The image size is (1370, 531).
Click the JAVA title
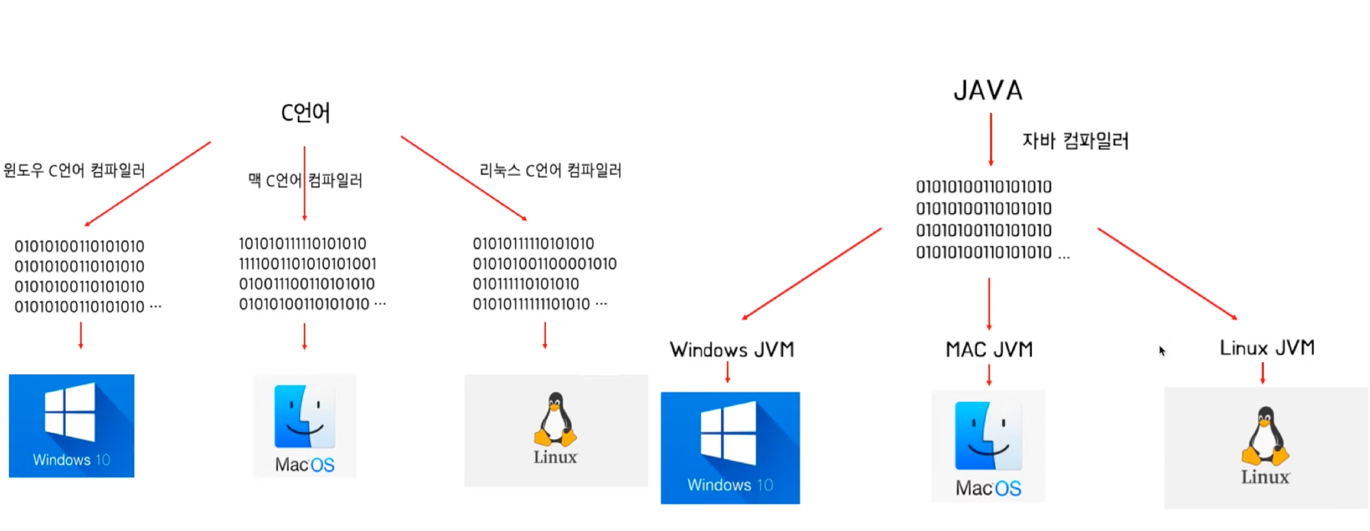pyautogui.click(x=988, y=90)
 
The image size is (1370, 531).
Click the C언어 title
pyautogui.click(x=305, y=113)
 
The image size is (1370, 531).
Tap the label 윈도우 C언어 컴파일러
pyautogui.click(x=74, y=170)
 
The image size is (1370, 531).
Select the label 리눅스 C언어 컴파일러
pyautogui.click(x=550, y=170)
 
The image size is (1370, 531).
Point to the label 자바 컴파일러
pyautogui.click(x=1075, y=141)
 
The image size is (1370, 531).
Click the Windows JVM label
pyautogui.click(x=732, y=349)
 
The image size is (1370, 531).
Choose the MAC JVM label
pyautogui.click(x=989, y=349)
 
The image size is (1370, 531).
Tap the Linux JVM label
pyautogui.click(x=1267, y=347)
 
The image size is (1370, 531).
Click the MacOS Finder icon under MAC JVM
pyautogui.click(x=988, y=436)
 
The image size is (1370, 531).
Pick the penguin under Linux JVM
pyautogui.click(x=1265, y=436)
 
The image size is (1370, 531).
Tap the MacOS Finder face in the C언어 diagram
pyautogui.click(x=304, y=417)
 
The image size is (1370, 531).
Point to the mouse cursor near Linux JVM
pyautogui.click(x=1162, y=351)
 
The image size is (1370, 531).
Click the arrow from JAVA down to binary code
pyautogui.click(x=990, y=139)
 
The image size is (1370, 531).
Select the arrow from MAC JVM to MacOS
pyautogui.click(x=989, y=375)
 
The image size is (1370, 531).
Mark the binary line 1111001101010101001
pyautogui.click(x=307, y=263)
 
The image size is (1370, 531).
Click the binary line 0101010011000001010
pyautogui.click(x=544, y=263)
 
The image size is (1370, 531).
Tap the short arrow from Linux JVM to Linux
pyautogui.click(x=1263, y=373)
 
